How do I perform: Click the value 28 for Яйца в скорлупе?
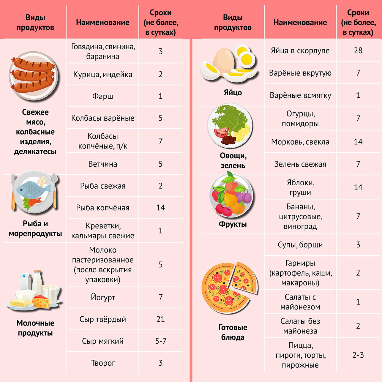(358, 50)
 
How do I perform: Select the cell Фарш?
(102, 96)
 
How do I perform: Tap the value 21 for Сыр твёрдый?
(160, 319)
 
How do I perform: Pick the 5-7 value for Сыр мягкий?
(160, 341)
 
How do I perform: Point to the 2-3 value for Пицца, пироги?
(358, 355)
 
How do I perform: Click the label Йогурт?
(102, 297)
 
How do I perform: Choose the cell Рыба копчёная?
(102, 208)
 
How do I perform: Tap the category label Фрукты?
(233, 224)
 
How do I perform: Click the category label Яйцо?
(233, 93)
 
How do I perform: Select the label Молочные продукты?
(35, 328)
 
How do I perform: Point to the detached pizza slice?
(244, 279)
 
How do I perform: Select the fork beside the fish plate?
(13, 192)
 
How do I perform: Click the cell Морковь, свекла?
(300, 142)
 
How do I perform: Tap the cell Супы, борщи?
(300, 245)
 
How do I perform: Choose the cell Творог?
(102, 363)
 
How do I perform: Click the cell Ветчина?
(102, 164)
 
